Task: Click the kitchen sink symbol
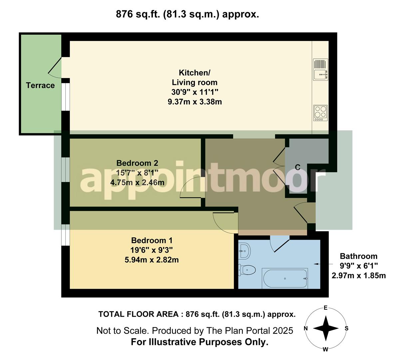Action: coord(321,69)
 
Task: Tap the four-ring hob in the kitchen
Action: coord(320,113)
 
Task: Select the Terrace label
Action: coord(40,85)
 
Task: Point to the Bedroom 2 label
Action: coord(137,163)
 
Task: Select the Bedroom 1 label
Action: coord(152,240)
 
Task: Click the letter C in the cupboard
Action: coord(298,167)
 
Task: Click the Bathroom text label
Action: coord(358,256)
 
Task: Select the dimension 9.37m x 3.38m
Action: coord(195,102)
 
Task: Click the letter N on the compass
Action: coord(306,328)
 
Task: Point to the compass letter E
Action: coord(326,308)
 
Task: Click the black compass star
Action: coord(326,328)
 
